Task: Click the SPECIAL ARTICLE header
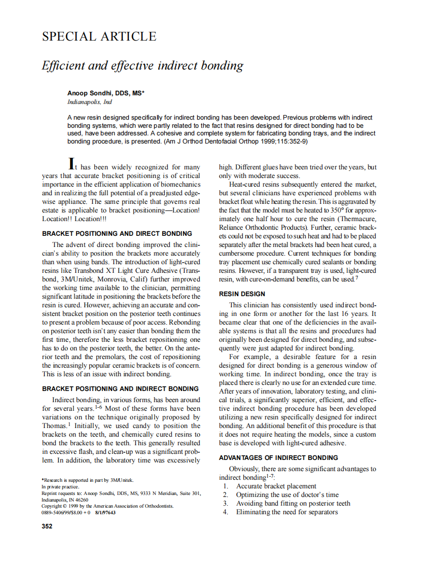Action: click(99, 37)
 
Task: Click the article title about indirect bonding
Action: click(142, 65)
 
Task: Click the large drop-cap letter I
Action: click(72, 164)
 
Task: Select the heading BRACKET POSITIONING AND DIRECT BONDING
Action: click(117, 234)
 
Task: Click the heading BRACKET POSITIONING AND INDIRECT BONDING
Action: click(120, 389)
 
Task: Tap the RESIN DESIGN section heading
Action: click(242, 294)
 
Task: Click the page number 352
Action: click(47, 526)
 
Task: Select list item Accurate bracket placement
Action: click(276, 486)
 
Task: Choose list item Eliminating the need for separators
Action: click(287, 512)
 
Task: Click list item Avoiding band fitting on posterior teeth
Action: click(293, 504)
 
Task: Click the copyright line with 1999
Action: click(107, 506)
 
